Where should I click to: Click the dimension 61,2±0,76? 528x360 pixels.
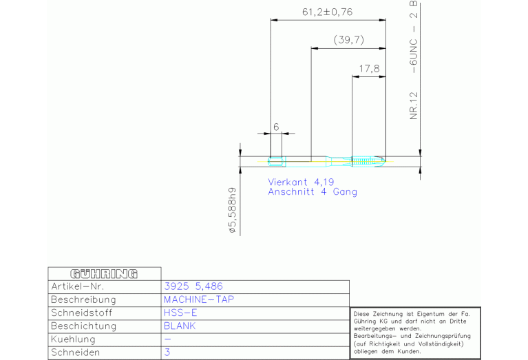pyautogui.click(x=327, y=12)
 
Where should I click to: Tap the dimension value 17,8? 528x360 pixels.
pyautogui.click(x=369, y=69)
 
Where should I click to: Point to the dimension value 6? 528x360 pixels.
pyautogui.click(x=276, y=127)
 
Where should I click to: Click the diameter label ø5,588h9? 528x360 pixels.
pyautogui.click(x=233, y=211)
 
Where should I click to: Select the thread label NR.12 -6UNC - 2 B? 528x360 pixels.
pyautogui.click(x=414, y=60)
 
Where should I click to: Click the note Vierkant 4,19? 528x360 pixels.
pyautogui.click(x=301, y=182)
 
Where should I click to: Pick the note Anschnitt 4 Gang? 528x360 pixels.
pyautogui.click(x=313, y=192)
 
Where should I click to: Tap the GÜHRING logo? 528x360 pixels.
pyautogui.click(x=104, y=274)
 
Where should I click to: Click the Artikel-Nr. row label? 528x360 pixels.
pyautogui.click(x=78, y=286)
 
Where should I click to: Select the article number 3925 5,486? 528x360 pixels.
pyautogui.click(x=193, y=286)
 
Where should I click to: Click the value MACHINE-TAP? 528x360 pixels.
pyautogui.click(x=199, y=299)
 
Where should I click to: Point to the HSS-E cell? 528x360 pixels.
pyautogui.click(x=180, y=313)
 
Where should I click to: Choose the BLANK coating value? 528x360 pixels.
pyautogui.click(x=180, y=326)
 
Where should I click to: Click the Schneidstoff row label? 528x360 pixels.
pyautogui.click(x=81, y=313)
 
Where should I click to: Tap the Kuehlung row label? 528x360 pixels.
pyautogui.click(x=73, y=339)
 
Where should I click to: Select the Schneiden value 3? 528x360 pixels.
pyautogui.click(x=167, y=352)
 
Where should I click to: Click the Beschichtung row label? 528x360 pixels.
pyautogui.click(x=83, y=326)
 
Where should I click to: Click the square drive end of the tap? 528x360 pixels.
pyautogui.click(x=276, y=161)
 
